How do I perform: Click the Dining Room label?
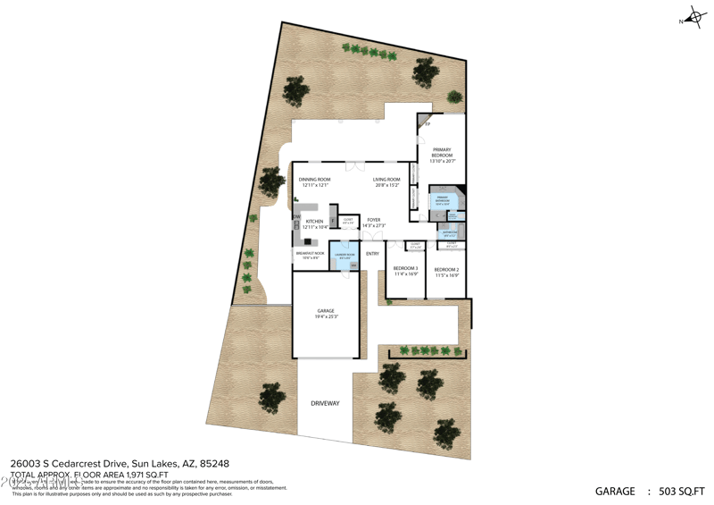313,181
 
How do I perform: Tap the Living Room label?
386,181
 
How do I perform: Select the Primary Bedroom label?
443,155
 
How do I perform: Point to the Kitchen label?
314,223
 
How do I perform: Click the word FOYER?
373,219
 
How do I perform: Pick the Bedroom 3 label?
406,271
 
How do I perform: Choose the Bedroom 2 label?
446,271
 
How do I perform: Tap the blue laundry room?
345,257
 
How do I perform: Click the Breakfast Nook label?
308,256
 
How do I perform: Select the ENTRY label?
372,254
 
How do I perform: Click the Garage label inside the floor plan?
325,313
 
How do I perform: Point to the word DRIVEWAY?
325,403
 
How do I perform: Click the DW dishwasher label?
296,216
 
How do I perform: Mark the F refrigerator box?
333,218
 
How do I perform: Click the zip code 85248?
213,464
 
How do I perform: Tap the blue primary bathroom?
443,200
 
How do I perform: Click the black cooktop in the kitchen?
307,240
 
